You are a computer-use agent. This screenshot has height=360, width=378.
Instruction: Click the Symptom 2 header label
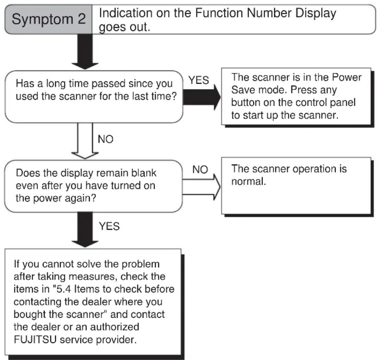(x=49, y=19)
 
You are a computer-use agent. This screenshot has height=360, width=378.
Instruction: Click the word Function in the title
(x=219, y=13)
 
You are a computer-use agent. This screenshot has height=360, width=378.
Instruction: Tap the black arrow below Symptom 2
(x=85, y=51)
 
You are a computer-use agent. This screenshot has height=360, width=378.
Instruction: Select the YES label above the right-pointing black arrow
(x=198, y=80)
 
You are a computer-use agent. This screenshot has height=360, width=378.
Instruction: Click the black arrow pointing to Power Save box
(x=202, y=97)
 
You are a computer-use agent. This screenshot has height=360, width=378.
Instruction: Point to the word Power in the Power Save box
(x=347, y=77)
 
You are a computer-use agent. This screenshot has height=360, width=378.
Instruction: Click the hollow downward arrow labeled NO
(x=85, y=141)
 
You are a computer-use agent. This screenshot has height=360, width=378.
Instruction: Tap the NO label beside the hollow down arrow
(x=105, y=139)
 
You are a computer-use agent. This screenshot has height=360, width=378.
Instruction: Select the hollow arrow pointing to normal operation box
(x=202, y=187)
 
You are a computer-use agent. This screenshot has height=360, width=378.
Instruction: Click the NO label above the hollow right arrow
(x=200, y=169)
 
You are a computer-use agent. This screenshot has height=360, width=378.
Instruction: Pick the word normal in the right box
(x=248, y=181)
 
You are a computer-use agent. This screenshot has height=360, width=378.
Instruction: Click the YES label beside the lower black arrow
(x=109, y=226)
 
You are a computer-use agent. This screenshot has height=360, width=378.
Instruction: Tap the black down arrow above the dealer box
(x=85, y=230)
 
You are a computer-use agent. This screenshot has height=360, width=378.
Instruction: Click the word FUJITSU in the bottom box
(x=35, y=339)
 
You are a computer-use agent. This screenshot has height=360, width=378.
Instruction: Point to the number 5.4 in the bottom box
(x=64, y=289)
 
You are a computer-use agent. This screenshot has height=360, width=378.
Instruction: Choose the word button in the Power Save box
(x=246, y=103)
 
